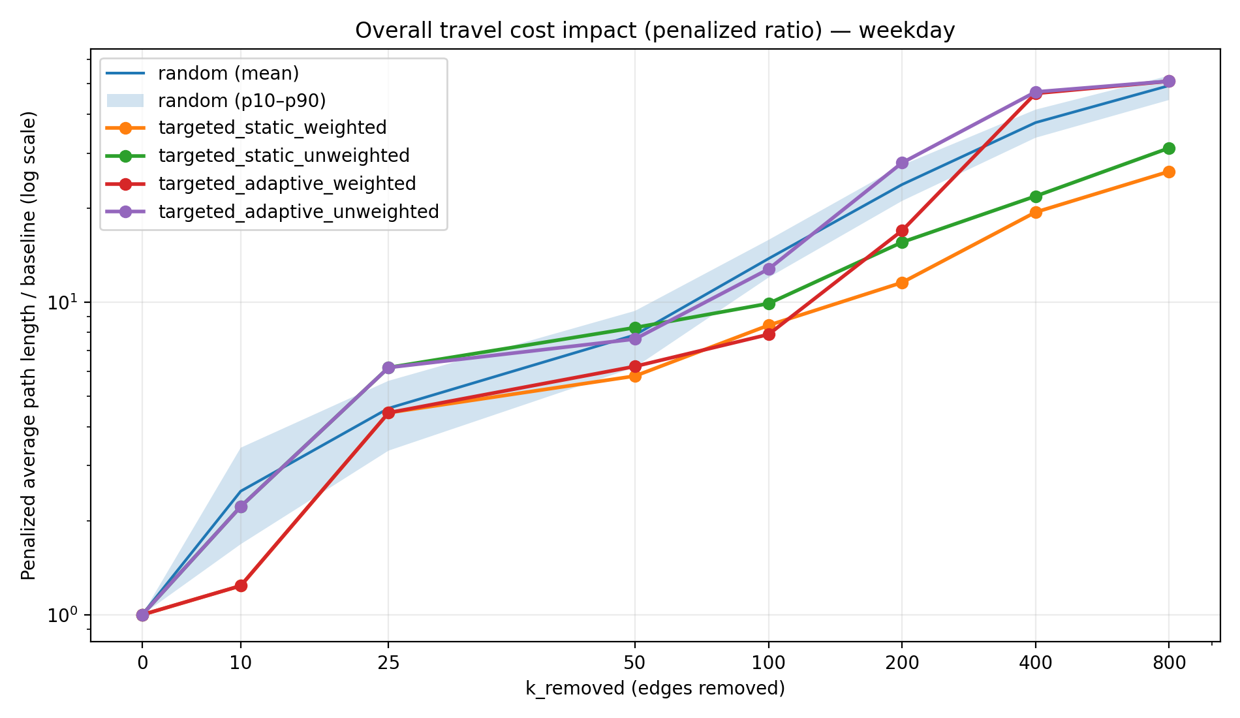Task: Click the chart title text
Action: point(655,31)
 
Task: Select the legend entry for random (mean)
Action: point(228,73)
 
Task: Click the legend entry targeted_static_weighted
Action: point(272,127)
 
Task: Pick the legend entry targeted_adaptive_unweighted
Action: point(298,211)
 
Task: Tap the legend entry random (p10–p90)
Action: point(241,101)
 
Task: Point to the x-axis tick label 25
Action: point(388,663)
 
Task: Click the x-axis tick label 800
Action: point(1169,663)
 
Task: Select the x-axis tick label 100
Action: point(768,663)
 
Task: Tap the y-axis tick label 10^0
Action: point(63,615)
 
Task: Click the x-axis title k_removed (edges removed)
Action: point(655,688)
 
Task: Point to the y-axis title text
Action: point(28,346)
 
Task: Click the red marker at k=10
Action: point(241,585)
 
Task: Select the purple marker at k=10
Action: point(241,507)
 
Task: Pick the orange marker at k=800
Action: point(1169,172)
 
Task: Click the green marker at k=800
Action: point(1169,148)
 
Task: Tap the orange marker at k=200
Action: point(902,283)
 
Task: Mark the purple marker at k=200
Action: point(902,163)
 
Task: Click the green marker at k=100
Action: point(769,304)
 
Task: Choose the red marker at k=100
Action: point(769,334)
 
